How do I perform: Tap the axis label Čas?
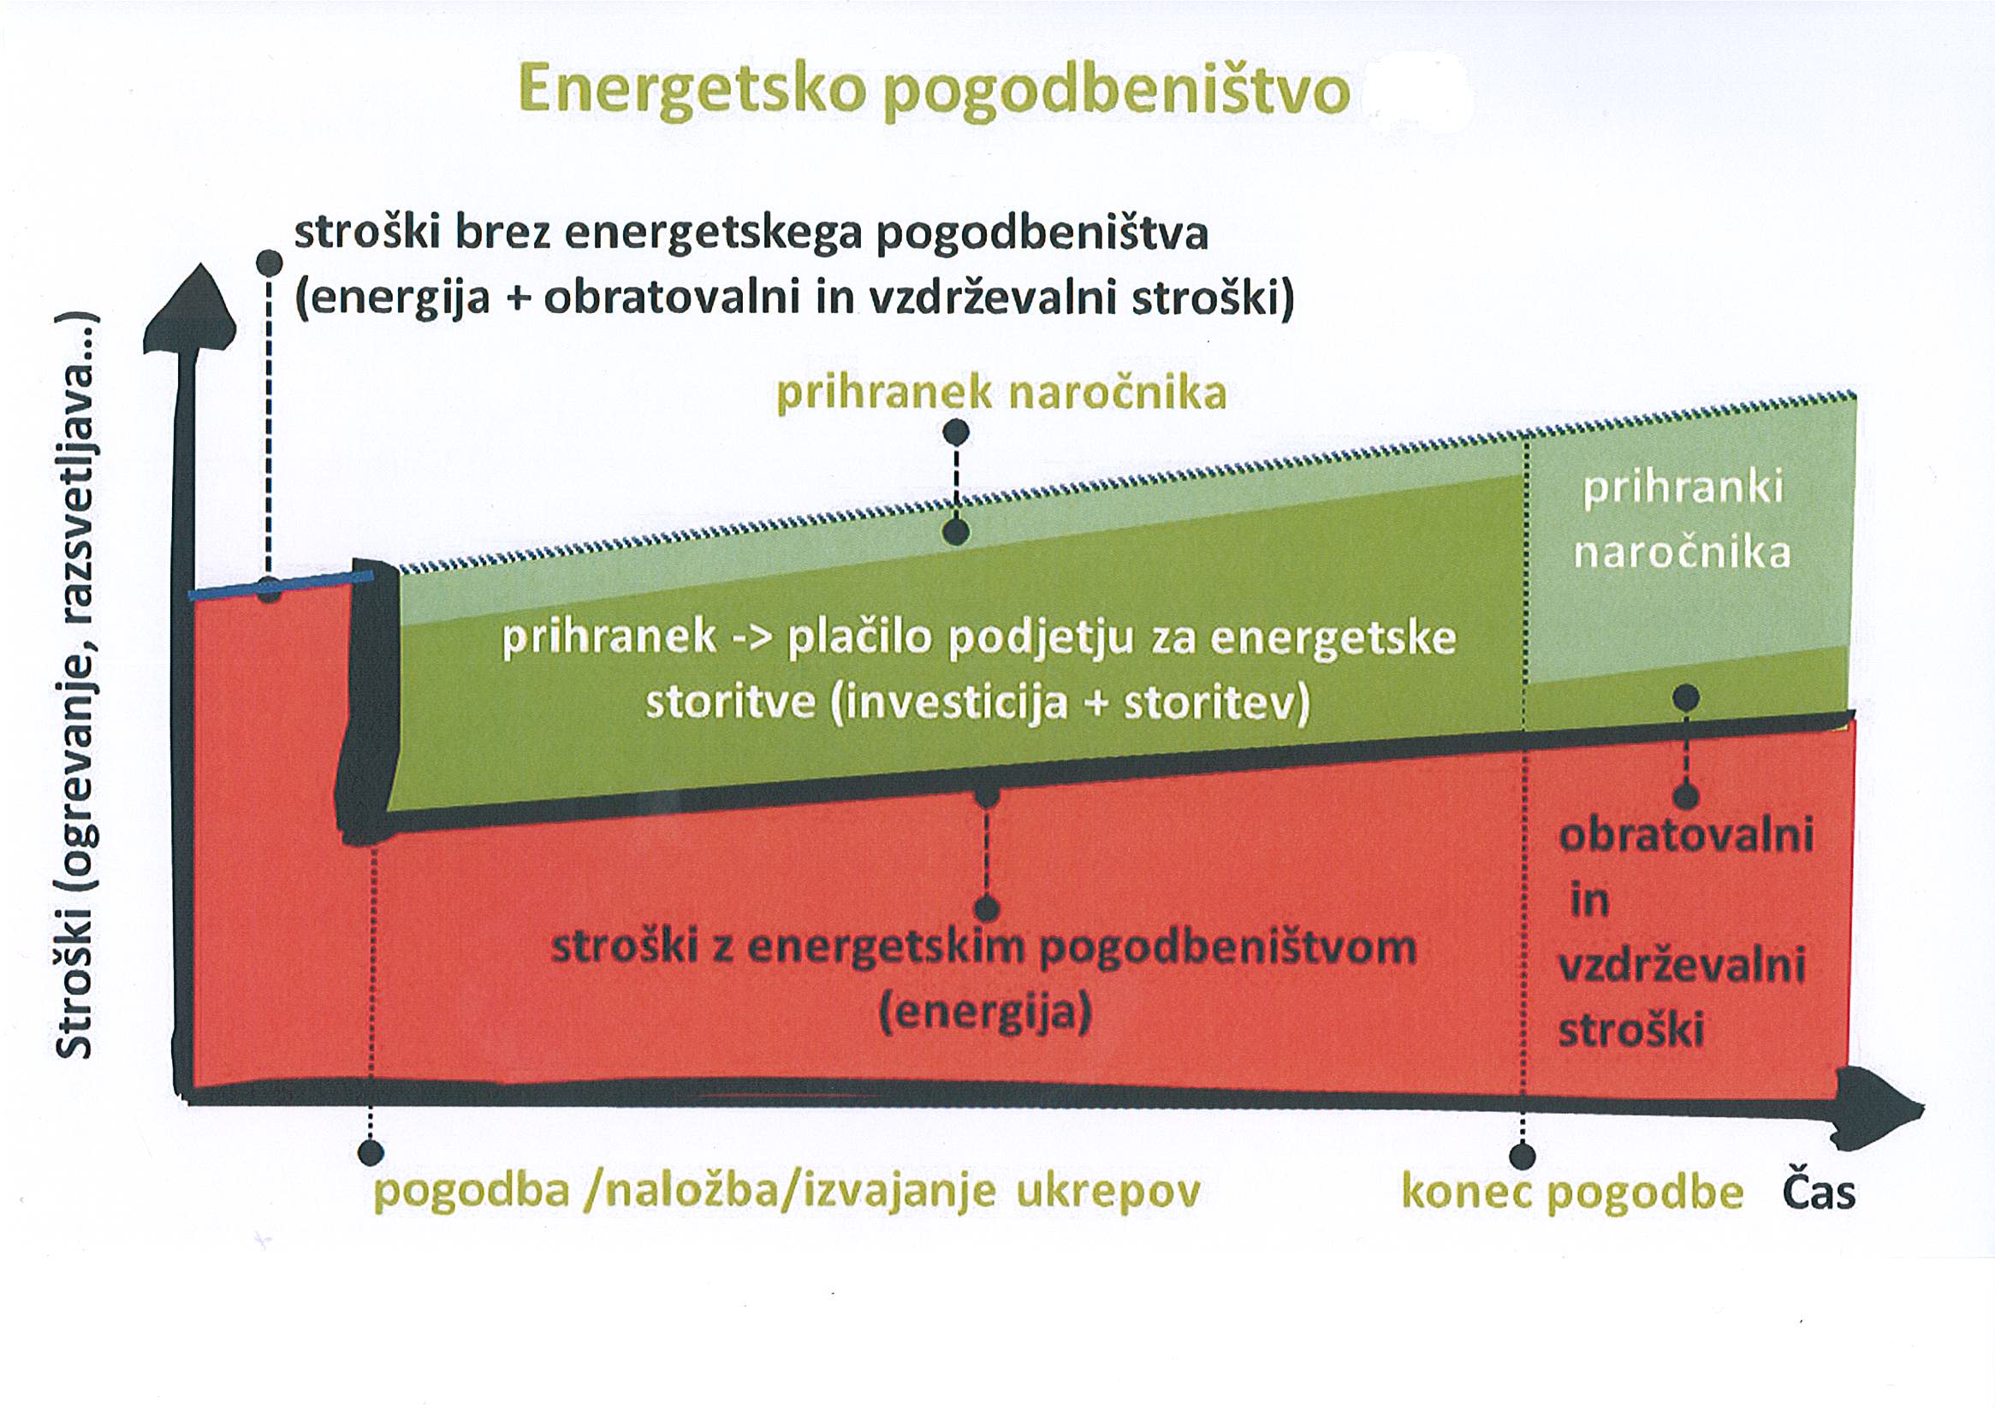coord(1820,1192)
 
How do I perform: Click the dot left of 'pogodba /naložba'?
coord(371,1153)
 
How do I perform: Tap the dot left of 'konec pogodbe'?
coord(1523,1157)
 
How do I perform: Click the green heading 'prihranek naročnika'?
coord(1001,393)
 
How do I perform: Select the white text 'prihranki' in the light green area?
coord(1683,488)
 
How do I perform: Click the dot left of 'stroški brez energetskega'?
coord(270,263)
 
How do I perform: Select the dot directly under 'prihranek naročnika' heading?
coord(956,432)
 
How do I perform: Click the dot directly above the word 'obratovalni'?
coord(1687,796)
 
